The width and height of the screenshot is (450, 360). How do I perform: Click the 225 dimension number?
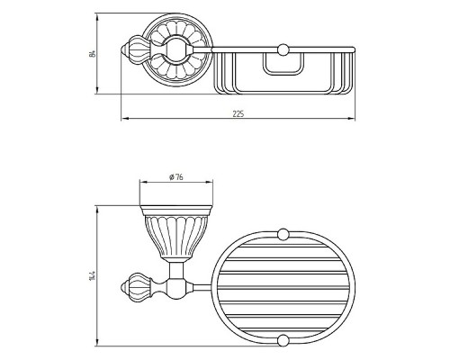point(238,114)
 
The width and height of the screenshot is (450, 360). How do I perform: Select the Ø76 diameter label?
point(176,177)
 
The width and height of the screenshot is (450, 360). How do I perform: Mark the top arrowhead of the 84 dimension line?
point(97,17)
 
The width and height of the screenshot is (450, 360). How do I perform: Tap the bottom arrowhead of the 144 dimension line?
point(97,342)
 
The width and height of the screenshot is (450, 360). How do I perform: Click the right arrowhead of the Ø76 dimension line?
point(209,182)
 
